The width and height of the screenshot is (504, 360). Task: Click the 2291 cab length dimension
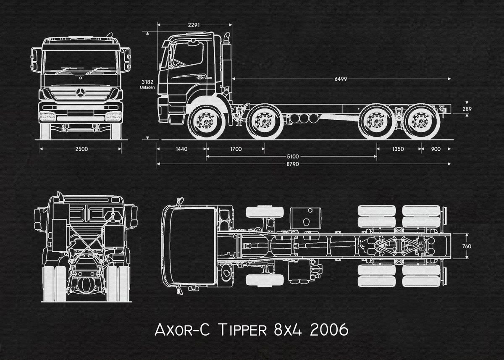click(194, 25)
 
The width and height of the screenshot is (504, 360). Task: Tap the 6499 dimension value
click(341, 79)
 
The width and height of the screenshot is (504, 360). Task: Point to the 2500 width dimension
click(81, 149)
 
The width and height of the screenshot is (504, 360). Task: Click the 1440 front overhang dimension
click(181, 149)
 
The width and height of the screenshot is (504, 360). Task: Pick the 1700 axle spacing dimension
click(236, 149)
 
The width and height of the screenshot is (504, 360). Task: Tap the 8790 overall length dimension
click(293, 164)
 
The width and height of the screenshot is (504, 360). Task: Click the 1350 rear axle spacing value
click(398, 149)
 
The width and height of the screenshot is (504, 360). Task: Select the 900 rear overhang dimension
click(435, 149)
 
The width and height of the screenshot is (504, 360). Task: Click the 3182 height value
click(148, 82)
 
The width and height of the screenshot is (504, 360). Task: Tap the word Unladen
click(148, 87)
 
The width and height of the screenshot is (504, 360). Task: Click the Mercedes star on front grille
click(81, 92)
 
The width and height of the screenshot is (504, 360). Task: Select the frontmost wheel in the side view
click(206, 122)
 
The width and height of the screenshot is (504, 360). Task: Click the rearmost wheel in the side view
click(422, 122)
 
